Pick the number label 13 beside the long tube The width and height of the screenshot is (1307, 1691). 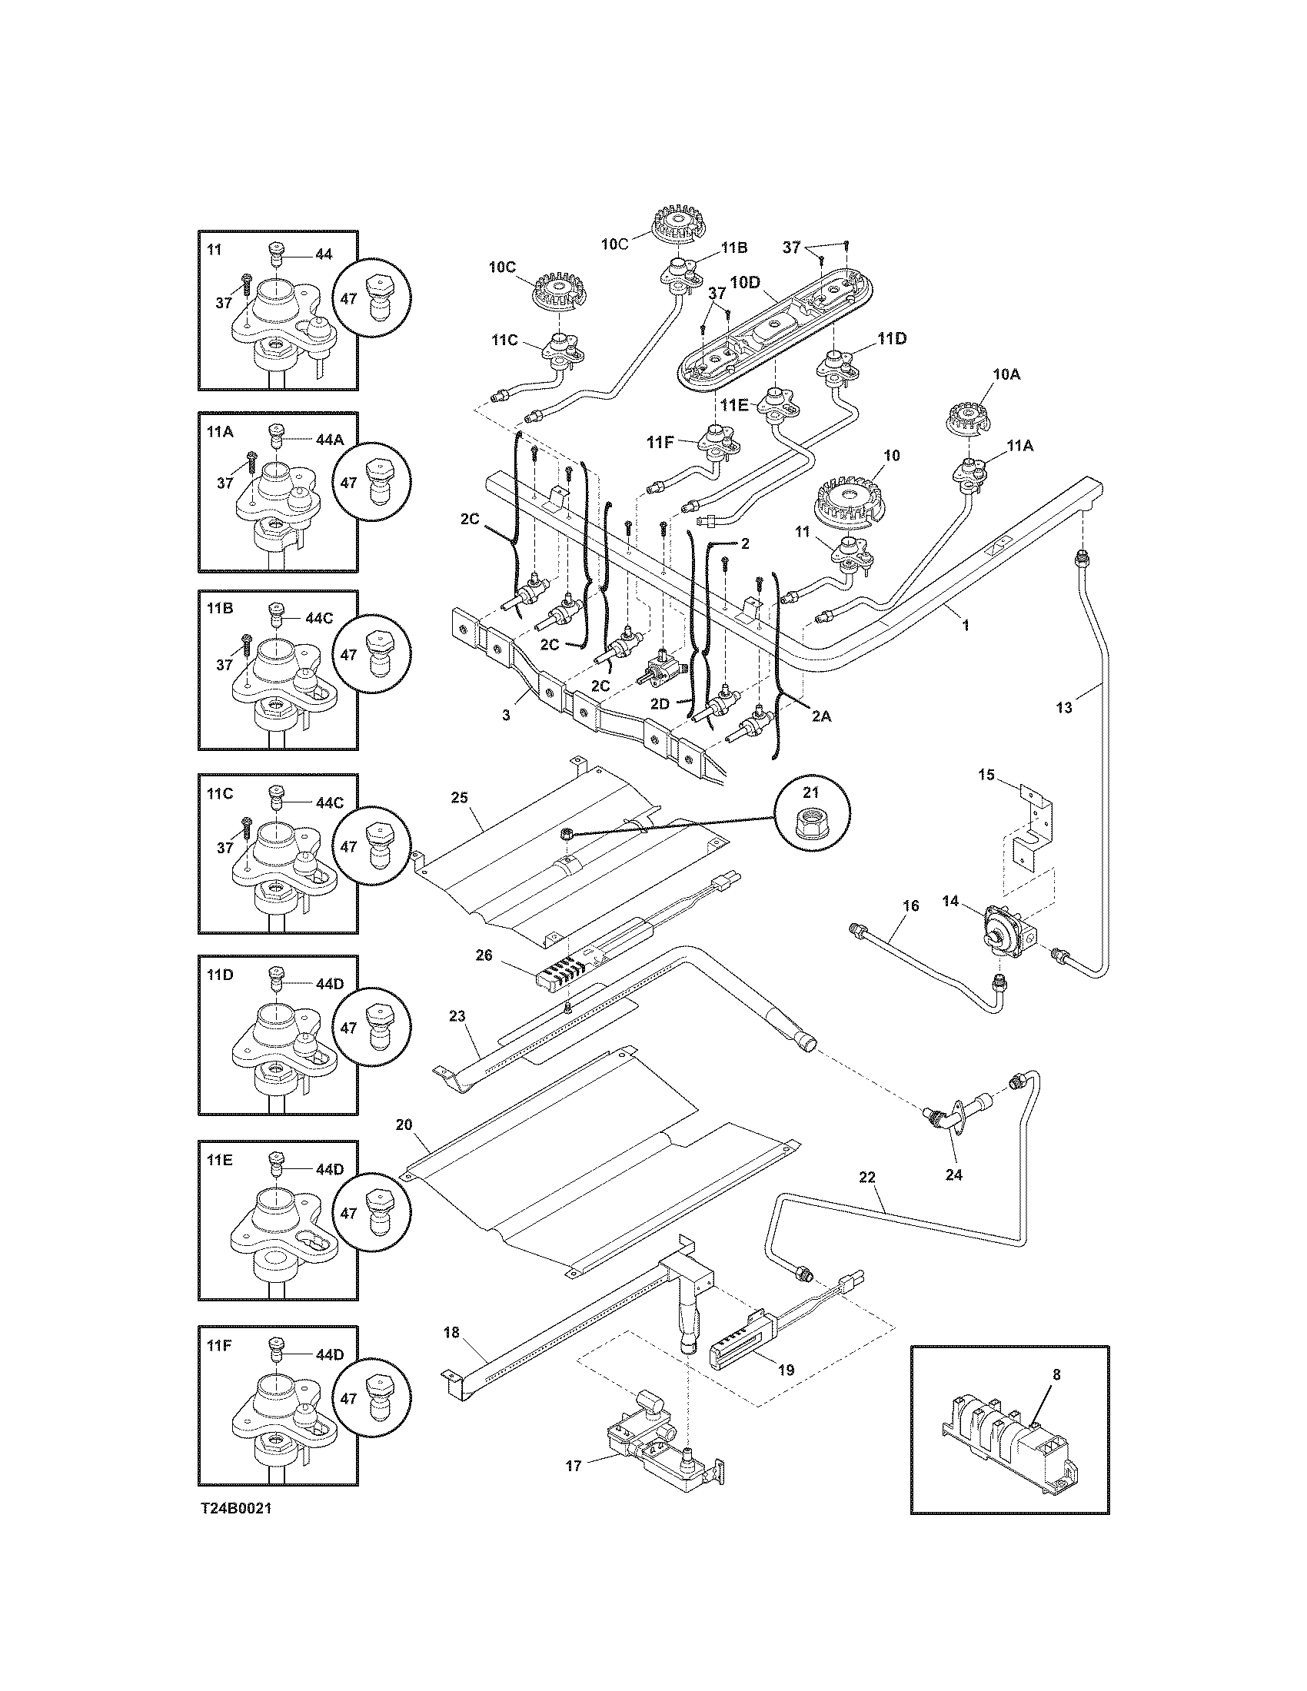pyautogui.click(x=1065, y=708)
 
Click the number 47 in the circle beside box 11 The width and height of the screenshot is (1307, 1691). pyautogui.click(x=348, y=298)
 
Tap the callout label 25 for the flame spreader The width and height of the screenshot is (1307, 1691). pyautogui.click(x=459, y=799)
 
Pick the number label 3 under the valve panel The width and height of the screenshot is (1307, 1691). pyautogui.click(x=506, y=716)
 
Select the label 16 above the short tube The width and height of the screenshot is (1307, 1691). pyautogui.click(x=910, y=905)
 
